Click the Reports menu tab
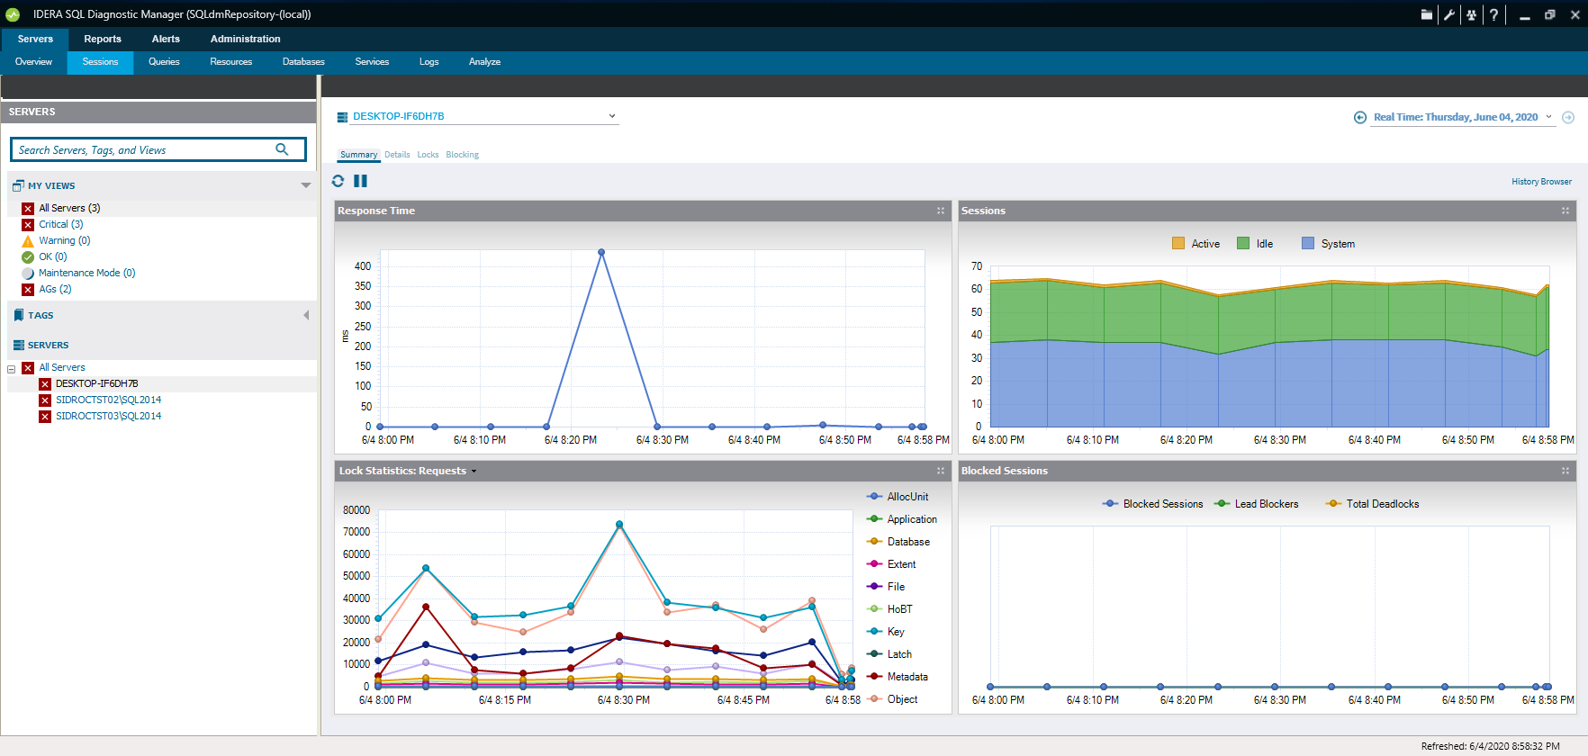click(x=103, y=39)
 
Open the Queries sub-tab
click(x=164, y=62)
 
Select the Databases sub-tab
click(x=303, y=62)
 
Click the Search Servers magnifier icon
click(x=282, y=149)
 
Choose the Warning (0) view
click(x=64, y=240)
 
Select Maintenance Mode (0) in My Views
click(x=86, y=273)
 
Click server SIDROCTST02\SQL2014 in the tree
click(x=108, y=400)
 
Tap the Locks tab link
click(x=428, y=155)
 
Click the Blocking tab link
click(x=462, y=155)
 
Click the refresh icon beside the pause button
click(x=338, y=181)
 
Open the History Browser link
click(x=1541, y=182)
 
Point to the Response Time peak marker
click(x=601, y=253)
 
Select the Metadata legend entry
click(x=907, y=677)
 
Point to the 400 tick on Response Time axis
click(x=363, y=266)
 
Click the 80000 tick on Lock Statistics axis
click(x=356, y=510)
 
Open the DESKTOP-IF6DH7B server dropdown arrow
click(x=612, y=116)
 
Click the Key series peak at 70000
click(x=619, y=525)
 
